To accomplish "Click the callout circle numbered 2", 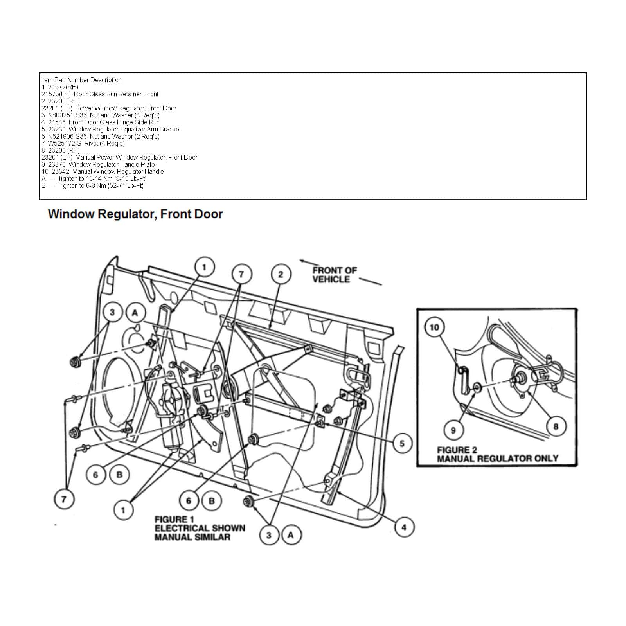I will pyautogui.click(x=280, y=274).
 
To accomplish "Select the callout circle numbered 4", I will pyautogui.click(x=403, y=527).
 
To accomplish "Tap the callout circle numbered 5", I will pyautogui.click(x=402, y=443).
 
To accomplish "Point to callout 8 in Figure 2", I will pyautogui.click(x=556, y=426).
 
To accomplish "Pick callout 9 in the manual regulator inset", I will pyautogui.click(x=453, y=430).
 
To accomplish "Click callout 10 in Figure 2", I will pyautogui.click(x=434, y=327).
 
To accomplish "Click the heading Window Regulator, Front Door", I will pyautogui.click(x=135, y=214).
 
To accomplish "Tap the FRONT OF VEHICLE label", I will pyautogui.click(x=335, y=275).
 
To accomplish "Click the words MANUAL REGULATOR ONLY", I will pyautogui.click(x=497, y=458).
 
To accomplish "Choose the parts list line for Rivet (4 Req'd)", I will pyautogui.click(x=83, y=143).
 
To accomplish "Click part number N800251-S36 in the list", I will pyautogui.click(x=67, y=115).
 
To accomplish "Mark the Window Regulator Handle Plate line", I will pyautogui.click(x=98, y=164).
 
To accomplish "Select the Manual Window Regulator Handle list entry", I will pyautogui.click(x=103, y=171).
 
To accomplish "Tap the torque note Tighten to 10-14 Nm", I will pyautogui.click(x=94, y=178).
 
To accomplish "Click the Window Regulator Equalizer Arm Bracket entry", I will pyautogui.click(x=111, y=129).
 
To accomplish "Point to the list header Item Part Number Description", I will pyautogui.click(x=81, y=80).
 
